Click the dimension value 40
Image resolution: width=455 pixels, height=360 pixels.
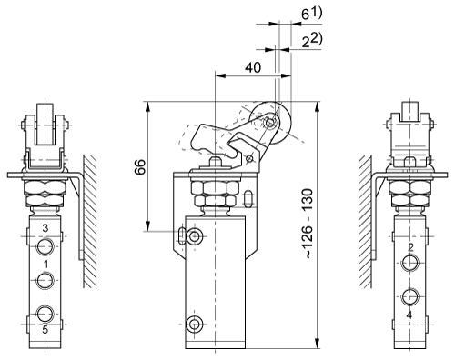(253, 67)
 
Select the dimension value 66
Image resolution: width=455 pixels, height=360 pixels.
(140, 166)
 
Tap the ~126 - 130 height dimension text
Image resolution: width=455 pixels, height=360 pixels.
(308, 224)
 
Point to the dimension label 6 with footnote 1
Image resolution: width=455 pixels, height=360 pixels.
(311, 14)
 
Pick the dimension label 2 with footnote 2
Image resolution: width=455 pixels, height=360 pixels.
(311, 41)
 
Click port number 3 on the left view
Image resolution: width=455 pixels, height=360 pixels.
(45, 228)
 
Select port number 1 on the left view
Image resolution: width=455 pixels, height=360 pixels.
(45, 264)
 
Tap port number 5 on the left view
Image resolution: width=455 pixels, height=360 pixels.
(45, 329)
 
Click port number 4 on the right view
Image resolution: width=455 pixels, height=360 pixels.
(409, 315)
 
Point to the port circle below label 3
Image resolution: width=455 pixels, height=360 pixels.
(45, 246)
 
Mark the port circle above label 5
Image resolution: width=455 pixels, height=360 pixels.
(45, 314)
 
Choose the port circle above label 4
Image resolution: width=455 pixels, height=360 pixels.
(410, 296)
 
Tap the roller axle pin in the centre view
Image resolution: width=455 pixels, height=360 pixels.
(269, 123)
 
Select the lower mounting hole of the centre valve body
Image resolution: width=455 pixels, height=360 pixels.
(194, 325)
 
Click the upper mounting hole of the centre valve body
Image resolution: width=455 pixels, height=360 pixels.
(194, 236)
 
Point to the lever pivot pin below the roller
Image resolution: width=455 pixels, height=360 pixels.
(249, 158)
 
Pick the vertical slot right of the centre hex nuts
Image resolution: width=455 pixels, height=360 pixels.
(248, 199)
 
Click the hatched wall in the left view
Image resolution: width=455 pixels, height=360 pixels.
(90, 221)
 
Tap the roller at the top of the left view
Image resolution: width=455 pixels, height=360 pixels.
(45, 124)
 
